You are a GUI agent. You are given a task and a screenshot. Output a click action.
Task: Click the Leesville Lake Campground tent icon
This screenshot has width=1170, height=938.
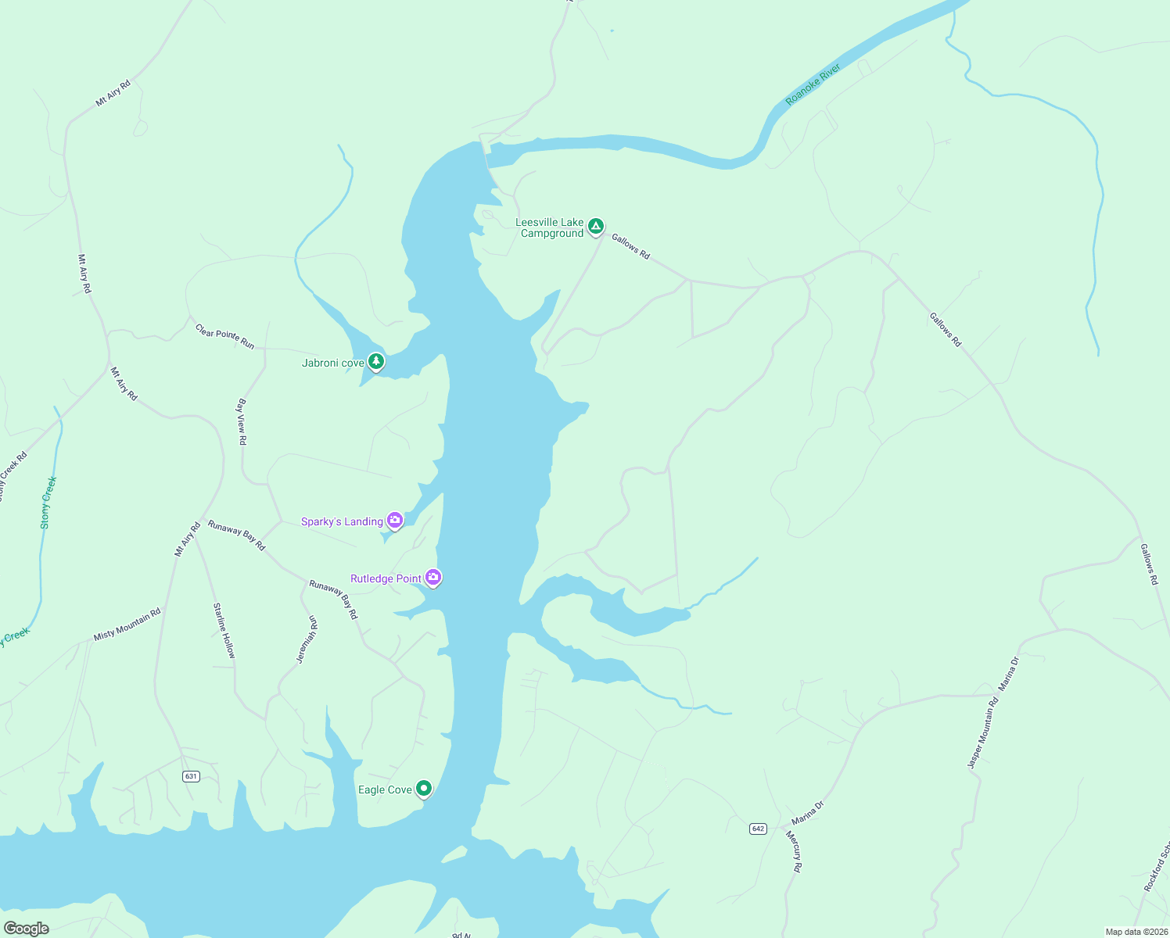595,227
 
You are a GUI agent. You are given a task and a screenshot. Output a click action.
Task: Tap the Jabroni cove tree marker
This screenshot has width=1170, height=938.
376,361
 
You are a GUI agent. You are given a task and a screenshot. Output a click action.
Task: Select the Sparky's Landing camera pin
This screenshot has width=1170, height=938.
395,521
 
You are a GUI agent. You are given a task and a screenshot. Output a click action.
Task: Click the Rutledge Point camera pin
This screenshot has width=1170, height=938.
433,578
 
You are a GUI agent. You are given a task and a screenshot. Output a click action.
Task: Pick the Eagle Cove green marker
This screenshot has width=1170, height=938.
424,789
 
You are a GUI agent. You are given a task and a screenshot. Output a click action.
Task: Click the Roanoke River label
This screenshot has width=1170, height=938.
813,85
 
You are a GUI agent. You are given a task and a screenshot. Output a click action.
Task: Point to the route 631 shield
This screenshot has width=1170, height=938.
191,776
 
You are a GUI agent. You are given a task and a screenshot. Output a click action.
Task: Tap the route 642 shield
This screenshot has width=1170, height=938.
757,829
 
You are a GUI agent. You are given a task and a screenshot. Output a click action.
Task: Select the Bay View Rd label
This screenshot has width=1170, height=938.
242,422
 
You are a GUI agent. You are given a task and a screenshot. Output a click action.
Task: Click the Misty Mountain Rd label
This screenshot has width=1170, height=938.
127,625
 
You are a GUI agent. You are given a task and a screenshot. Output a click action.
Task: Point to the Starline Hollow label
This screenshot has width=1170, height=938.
224,630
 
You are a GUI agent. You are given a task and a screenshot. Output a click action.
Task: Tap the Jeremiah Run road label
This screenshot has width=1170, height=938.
307,639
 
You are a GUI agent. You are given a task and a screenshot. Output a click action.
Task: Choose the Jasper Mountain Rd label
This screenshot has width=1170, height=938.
983,733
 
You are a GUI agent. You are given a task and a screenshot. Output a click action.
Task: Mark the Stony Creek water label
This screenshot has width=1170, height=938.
48,503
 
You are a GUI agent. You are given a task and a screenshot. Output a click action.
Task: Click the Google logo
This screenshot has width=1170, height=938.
27,929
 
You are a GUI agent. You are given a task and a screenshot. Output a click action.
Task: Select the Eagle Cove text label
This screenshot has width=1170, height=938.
385,789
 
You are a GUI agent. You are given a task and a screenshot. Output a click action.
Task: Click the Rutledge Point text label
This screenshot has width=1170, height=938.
386,578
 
